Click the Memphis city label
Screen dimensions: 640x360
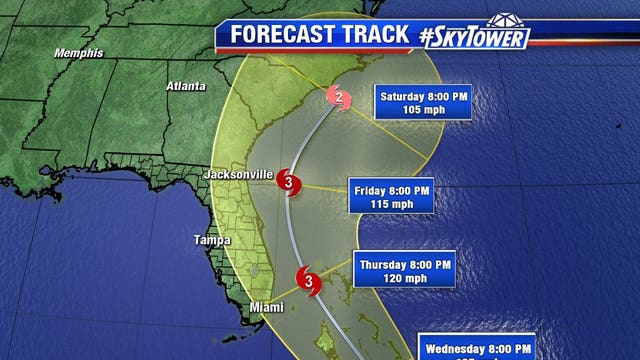tap(79, 53)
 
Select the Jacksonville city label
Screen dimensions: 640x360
tap(238, 174)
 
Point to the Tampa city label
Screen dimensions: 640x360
tap(211, 240)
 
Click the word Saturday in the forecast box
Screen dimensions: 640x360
tap(404, 96)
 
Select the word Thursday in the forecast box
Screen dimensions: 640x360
tap(387, 263)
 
